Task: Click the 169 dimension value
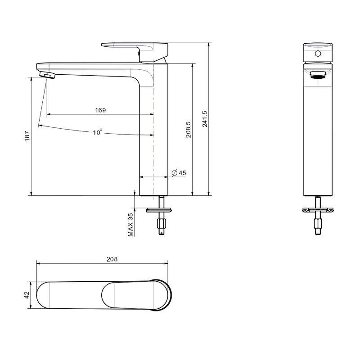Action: click(x=100, y=110)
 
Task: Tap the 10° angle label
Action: click(x=98, y=132)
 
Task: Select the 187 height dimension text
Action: click(x=27, y=136)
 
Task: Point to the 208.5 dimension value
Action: click(x=188, y=130)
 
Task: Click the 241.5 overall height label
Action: click(x=205, y=119)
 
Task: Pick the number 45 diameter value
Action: click(x=182, y=173)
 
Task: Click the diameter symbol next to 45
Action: click(x=175, y=173)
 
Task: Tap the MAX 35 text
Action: click(x=130, y=225)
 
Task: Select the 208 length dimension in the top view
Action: click(x=112, y=259)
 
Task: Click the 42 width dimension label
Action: click(x=27, y=295)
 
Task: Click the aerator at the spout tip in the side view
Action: click(x=47, y=75)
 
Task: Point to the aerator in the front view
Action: click(x=318, y=75)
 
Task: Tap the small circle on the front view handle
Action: click(x=318, y=54)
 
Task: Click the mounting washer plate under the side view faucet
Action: click(x=159, y=210)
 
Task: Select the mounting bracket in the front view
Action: click(x=318, y=210)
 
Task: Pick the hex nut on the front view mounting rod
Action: click(x=318, y=223)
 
